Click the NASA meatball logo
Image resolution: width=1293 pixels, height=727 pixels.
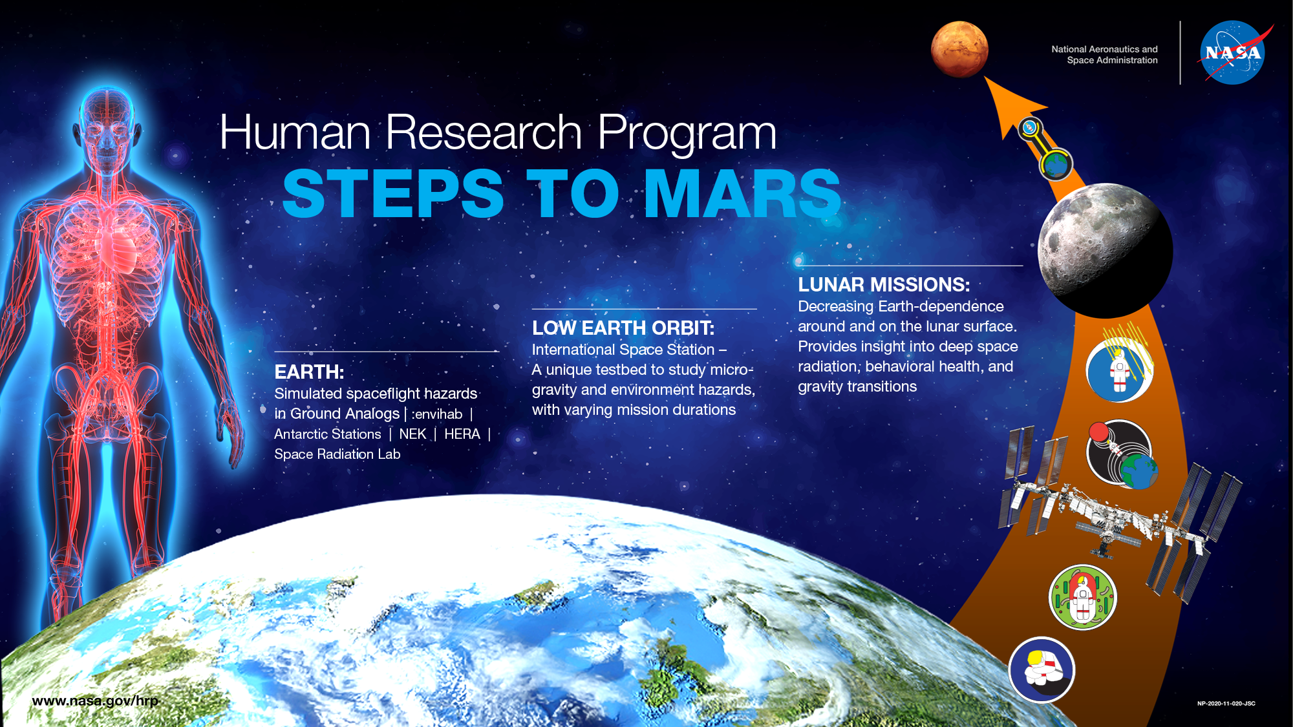(x=1232, y=53)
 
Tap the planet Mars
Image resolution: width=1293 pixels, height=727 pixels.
(x=959, y=50)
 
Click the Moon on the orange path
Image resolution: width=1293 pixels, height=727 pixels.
(x=1105, y=251)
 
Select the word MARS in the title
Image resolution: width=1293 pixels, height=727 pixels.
(x=742, y=193)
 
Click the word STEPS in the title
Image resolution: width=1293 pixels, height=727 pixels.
(x=393, y=193)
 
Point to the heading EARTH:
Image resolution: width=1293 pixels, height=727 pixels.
(x=309, y=372)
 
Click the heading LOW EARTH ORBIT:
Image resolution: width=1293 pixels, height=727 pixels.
(x=623, y=328)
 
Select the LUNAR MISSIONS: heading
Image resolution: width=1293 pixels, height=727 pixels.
(x=884, y=285)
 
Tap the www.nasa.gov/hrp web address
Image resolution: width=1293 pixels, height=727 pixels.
(x=95, y=701)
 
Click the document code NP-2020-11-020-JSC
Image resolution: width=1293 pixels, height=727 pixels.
(x=1226, y=704)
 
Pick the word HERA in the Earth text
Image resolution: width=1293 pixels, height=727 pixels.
(x=462, y=434)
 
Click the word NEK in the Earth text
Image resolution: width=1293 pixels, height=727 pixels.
(x=412, y=434)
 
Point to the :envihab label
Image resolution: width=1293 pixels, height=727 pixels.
(x=436, y=414)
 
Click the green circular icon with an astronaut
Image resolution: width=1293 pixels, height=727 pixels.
(x=1083, y=597)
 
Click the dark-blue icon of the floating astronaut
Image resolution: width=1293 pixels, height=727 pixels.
(x=1042, y=670)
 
